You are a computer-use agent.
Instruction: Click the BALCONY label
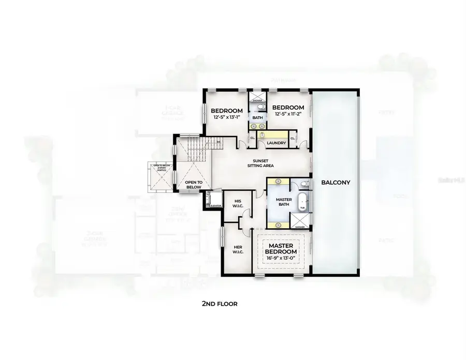(336, 182)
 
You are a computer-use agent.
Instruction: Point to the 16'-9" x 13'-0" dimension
(281, 258)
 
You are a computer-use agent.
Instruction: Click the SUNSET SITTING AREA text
(260, 163)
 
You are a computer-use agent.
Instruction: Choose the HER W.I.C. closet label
(237, 249)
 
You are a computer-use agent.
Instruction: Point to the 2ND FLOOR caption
(220, 304)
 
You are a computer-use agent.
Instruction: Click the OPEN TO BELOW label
(194, 185)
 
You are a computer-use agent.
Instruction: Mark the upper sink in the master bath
(279, 182)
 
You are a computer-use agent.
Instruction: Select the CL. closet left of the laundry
(252, 138)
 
